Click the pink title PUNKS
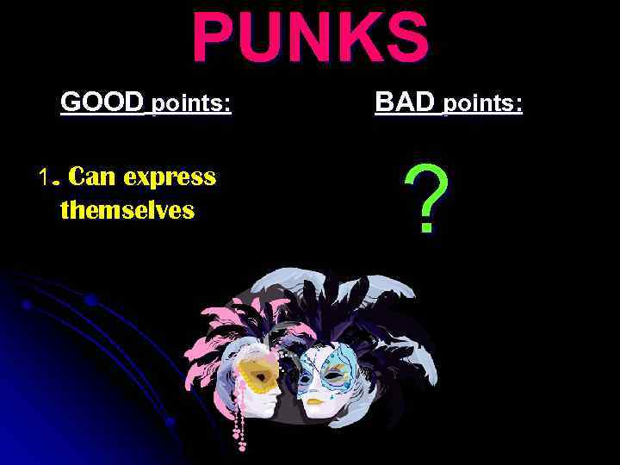pos(310,38)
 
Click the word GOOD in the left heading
pos(102,102)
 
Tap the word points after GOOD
pos(191,105)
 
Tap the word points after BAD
pos(482,105)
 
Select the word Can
pos(92,177)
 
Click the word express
pos(169,178)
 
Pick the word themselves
pos(127,209)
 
